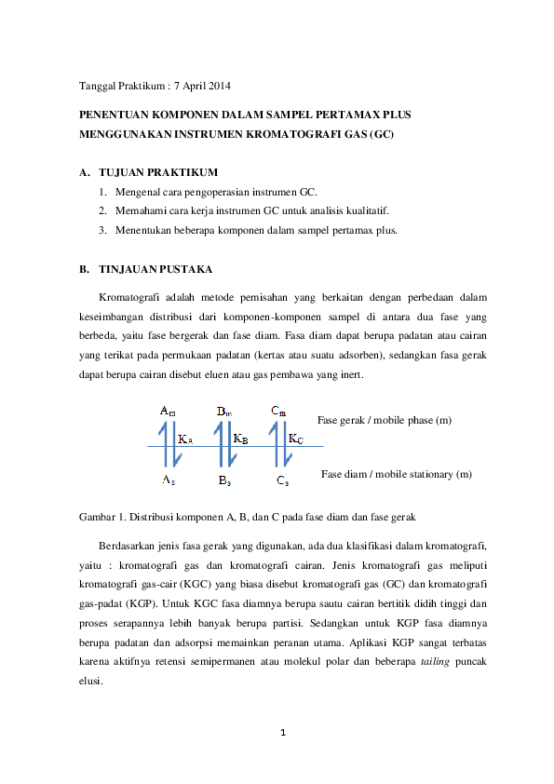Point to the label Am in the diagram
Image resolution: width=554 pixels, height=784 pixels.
click(x=168, y=411)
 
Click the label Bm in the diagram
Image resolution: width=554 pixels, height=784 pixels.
click(x=224, y=411)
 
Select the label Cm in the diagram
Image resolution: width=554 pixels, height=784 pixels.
click(x=278, y=411)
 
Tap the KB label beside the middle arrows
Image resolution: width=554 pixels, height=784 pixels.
click(x=240, y=439)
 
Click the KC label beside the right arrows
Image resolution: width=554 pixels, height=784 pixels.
click(x=294, y=439)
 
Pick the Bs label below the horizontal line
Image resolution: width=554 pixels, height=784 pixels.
click(x=224, y=480)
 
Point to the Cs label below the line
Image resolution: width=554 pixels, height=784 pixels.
click(x=282, y=480)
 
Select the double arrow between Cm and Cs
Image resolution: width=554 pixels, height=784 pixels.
click(x=276, y=446)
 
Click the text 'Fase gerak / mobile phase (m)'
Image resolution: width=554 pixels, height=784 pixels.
click(x=385, y=420)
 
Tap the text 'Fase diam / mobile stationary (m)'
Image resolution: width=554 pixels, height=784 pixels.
click(x=396, y=474)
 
